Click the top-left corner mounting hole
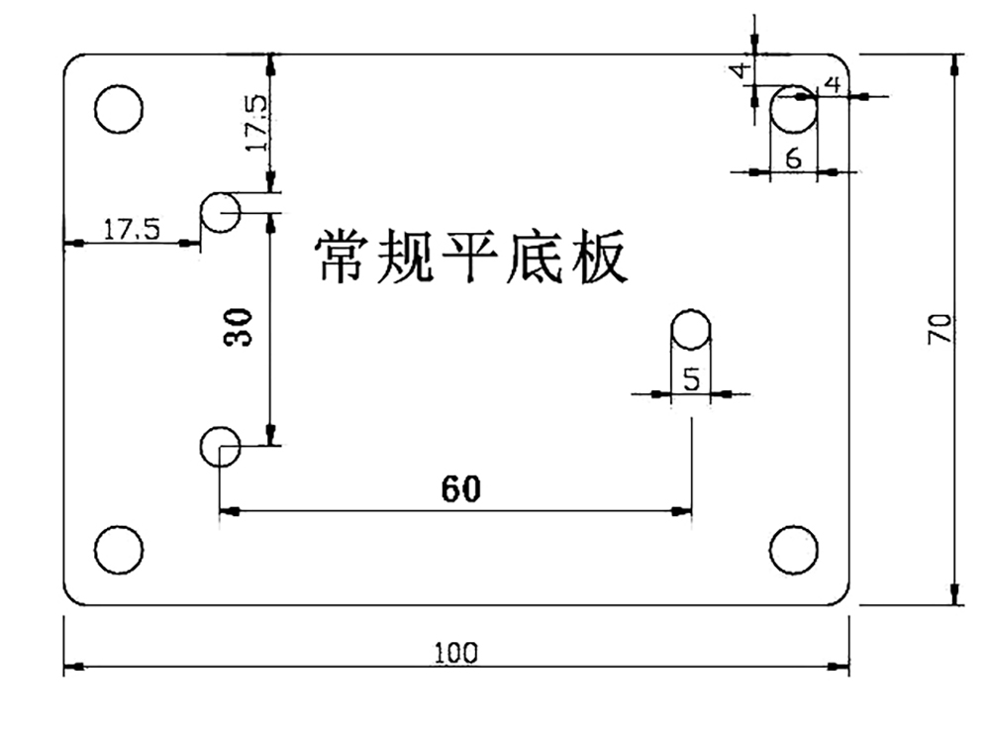pos(119,108)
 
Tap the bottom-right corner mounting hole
pos(794,549)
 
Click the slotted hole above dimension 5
pos(691,331)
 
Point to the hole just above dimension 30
pos(220,212)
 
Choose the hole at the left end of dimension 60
pos(220,447)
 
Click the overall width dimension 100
pos(455,653)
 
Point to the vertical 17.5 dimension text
pos(255,123)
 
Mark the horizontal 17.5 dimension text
pos(131,230)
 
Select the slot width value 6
pos(793,157)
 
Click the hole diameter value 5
pos(691,378)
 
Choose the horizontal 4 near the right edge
pos(833,84)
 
